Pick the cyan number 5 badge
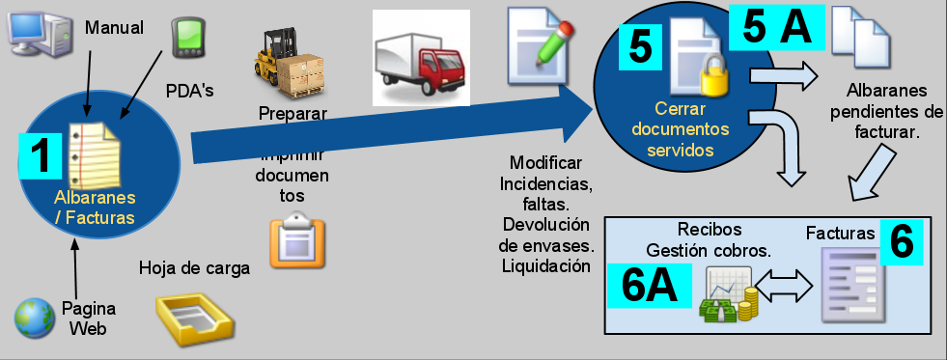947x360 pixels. pos(640,46)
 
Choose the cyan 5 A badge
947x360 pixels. pos(776,28)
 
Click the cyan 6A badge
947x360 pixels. pos(647,287)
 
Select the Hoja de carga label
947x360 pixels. pos(195,267)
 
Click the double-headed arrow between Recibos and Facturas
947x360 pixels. pos(785,287)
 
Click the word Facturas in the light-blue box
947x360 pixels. pos(840,233)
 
